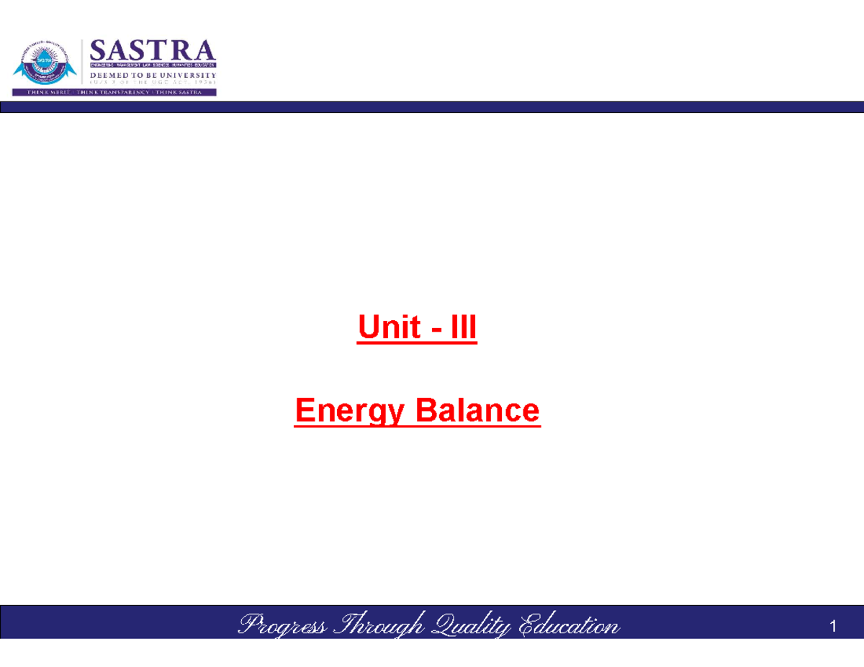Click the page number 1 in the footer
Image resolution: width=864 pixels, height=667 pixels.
pyautogui.click(x=833, y=627)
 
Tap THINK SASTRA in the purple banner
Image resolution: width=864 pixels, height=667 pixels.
pyautogui.click(x=177, y=92)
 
